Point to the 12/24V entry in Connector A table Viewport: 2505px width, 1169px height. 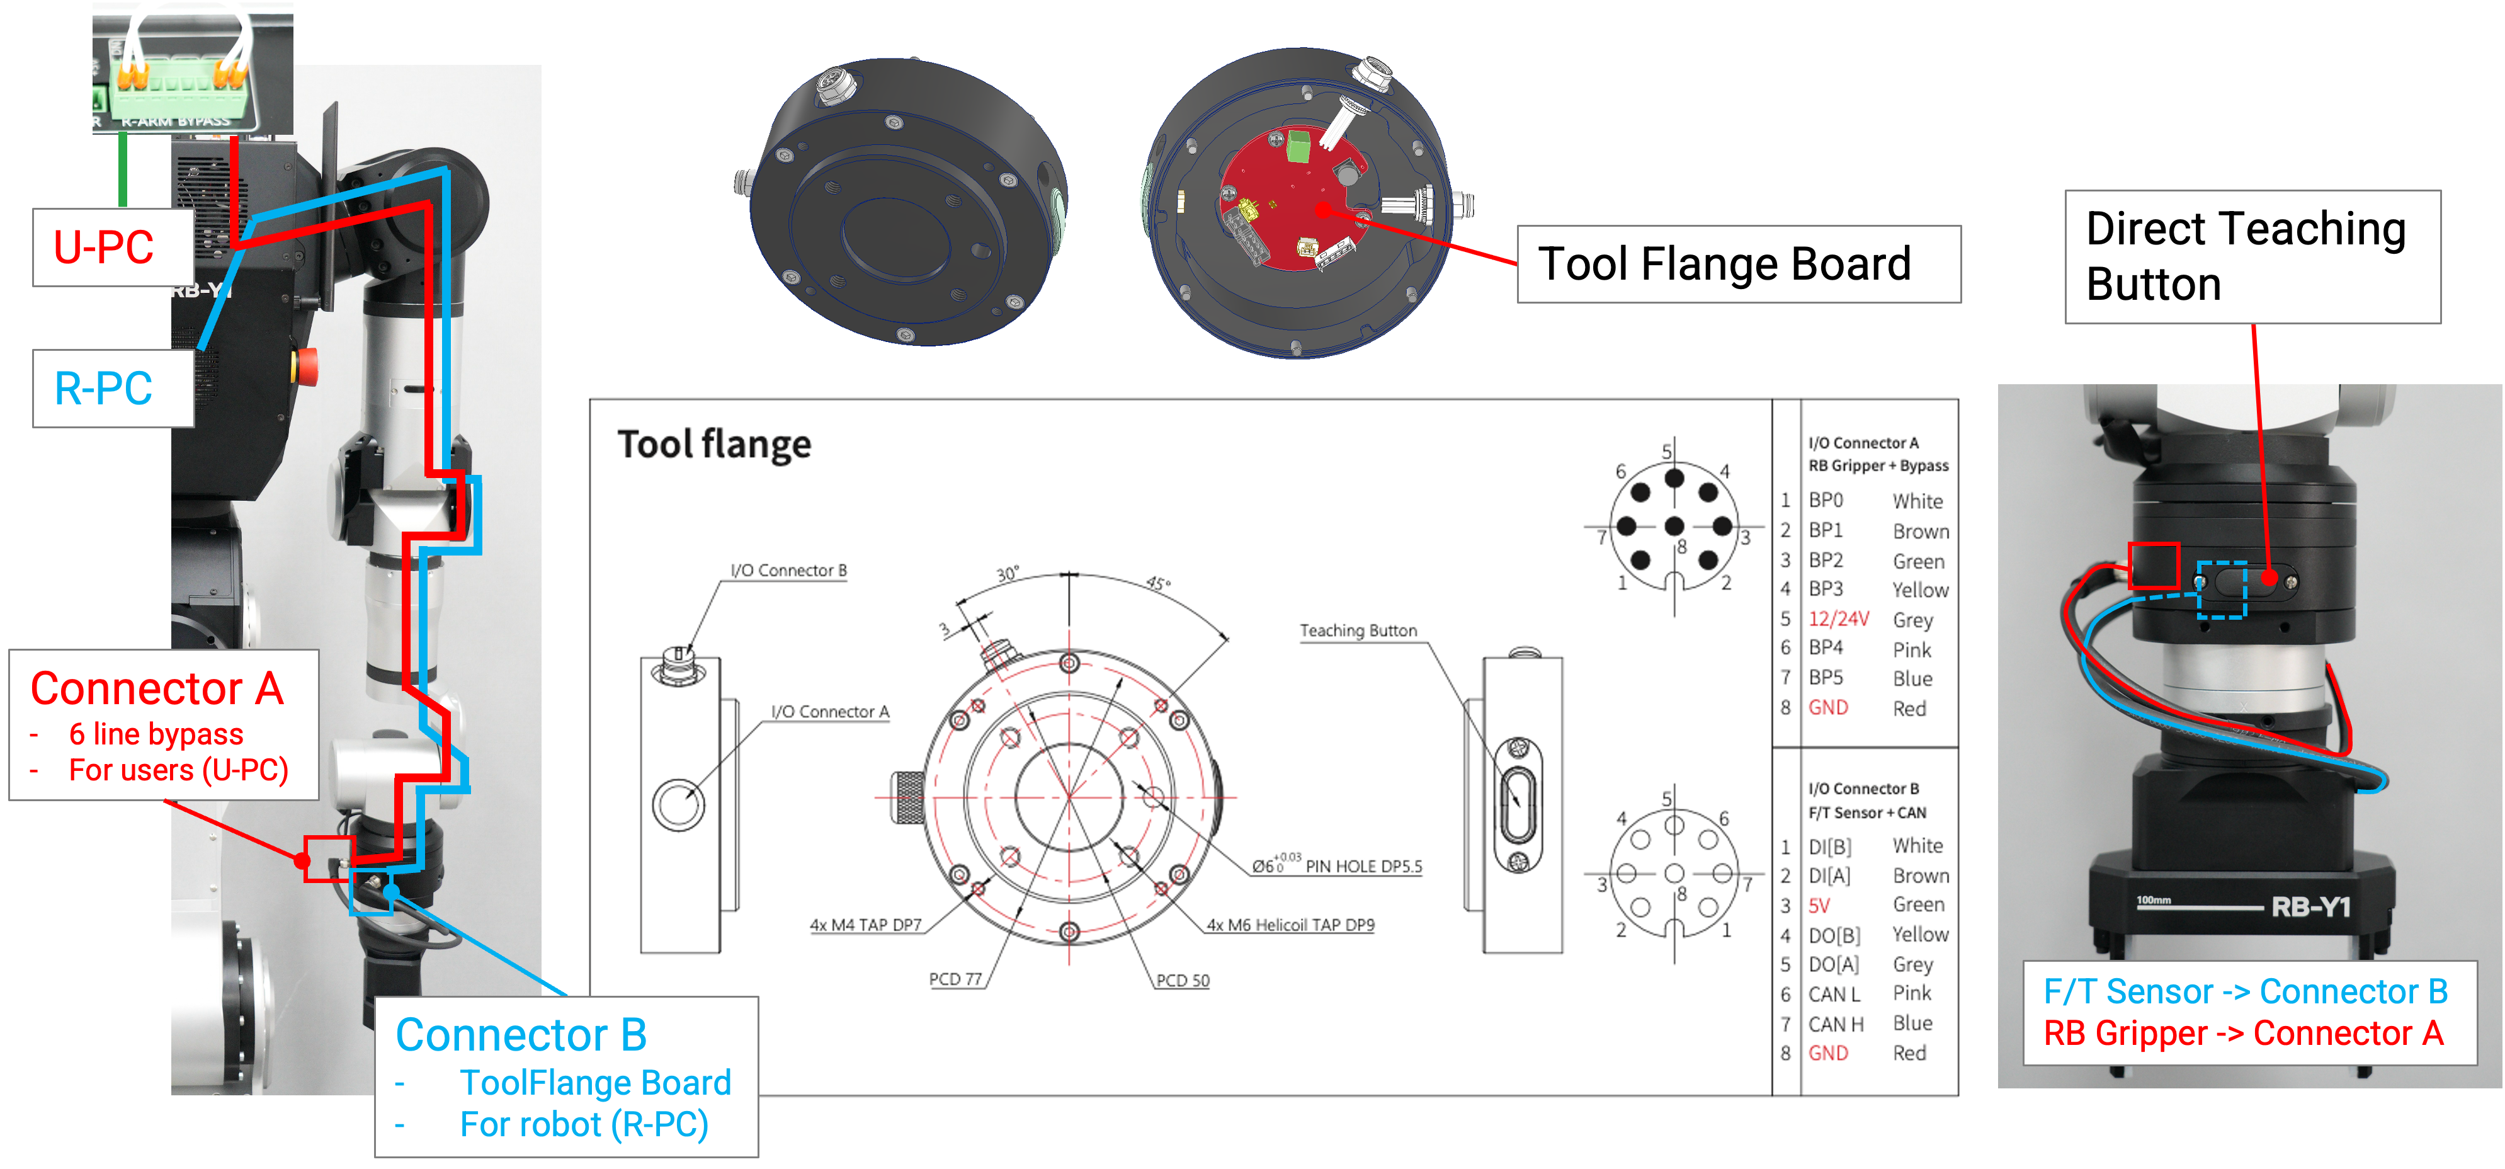coord(1838,619)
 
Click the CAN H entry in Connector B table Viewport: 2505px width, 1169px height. coord(1835,1023)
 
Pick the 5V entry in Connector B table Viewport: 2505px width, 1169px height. coord(1819,906)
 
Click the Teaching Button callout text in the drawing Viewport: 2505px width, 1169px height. coord(1358,630)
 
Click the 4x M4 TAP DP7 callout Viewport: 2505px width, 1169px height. coord(865,924)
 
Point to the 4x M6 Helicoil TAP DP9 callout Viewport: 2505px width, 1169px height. coord(1290,924)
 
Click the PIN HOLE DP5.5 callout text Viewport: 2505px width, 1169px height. coord(1363,865)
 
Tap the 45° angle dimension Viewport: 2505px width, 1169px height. coord(1157,583)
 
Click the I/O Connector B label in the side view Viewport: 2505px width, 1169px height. coord(788,570)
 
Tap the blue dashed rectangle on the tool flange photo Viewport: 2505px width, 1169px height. coord(2222,590)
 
